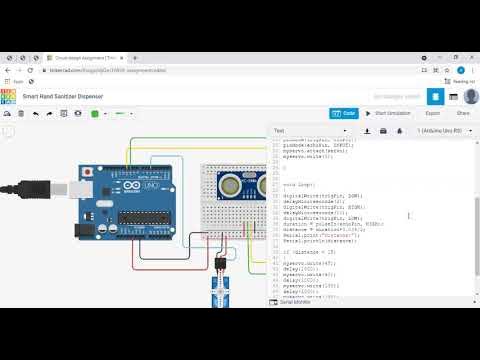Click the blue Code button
coord(344,113)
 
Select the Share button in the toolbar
coord(463,113)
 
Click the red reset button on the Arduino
coord(91,171)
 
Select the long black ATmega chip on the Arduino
coord(148,217)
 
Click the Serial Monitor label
coord(297,330)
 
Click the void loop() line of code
coord(296,185)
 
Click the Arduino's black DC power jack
coord(80,241)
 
